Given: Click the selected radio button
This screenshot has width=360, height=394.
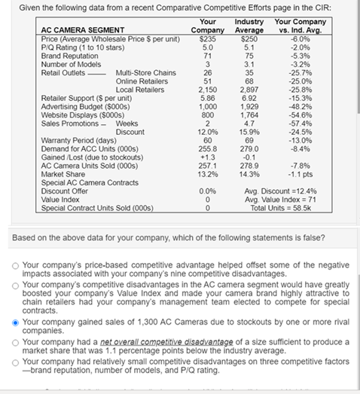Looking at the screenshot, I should [x=16, y=320].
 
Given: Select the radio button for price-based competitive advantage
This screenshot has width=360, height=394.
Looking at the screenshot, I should [x=16, y=266].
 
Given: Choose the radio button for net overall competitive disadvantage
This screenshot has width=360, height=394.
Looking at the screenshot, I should [x=16, y=344].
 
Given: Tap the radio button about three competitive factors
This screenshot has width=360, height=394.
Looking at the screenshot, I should [x=16, y=363].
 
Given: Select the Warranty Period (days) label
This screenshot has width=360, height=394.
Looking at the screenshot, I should [x=78, y=141].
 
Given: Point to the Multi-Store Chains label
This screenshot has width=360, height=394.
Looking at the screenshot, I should [x=145, y=72].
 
